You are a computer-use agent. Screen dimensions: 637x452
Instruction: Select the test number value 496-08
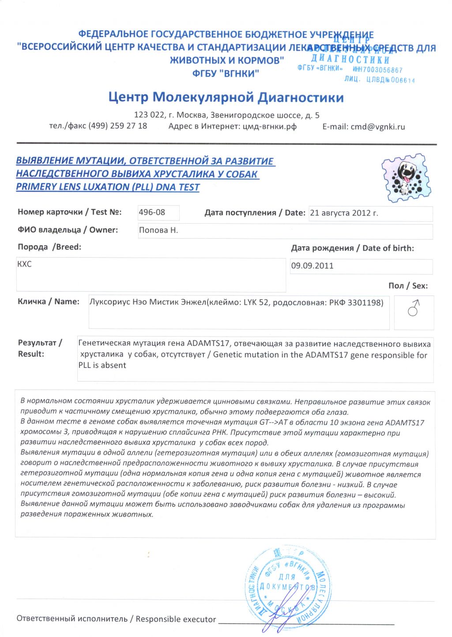tap(152, 212)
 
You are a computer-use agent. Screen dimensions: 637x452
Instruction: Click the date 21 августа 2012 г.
tap(344, 213)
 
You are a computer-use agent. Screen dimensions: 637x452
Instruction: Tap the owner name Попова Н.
tap(158, 230)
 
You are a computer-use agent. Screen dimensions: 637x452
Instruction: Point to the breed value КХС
tap(24, 264)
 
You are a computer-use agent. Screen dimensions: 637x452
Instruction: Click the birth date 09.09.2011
tap(312, 266)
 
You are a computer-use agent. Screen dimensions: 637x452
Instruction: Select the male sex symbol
tap(414, 308)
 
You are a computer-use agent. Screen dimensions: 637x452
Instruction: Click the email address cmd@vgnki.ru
tap(377, 127)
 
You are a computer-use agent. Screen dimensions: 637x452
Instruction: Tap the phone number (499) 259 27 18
tap(118, 126)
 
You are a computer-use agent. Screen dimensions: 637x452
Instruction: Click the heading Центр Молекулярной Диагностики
tap(226, 97)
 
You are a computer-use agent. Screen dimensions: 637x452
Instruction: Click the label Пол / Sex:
tap(408, 286)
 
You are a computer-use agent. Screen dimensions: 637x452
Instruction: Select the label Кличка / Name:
tap(49, 302)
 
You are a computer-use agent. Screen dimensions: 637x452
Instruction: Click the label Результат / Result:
tap(40, 348)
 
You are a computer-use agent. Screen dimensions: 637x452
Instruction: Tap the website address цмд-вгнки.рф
tap(269, 127)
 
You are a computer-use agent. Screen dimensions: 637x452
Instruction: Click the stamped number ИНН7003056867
tap(377, 70)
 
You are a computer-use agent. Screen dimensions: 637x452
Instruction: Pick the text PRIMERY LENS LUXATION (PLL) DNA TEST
tap(108, 187)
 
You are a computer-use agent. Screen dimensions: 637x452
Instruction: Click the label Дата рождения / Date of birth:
tap(352, 248)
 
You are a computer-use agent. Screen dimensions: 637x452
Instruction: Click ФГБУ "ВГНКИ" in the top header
tap(226, 74)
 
